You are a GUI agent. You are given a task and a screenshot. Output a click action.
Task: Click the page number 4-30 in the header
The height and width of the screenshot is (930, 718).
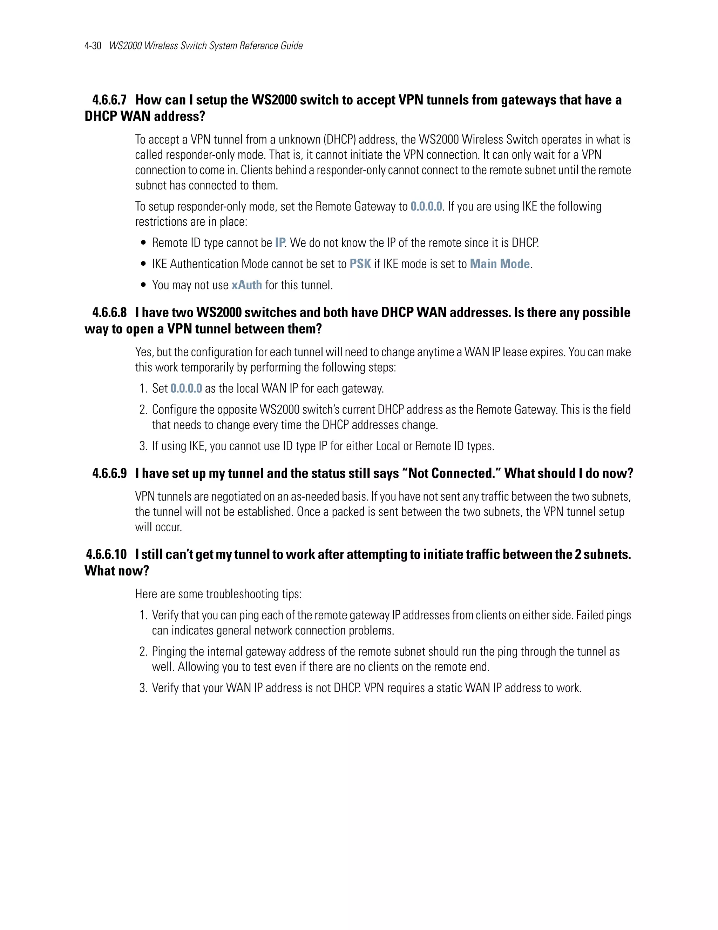click(x=93, y=46)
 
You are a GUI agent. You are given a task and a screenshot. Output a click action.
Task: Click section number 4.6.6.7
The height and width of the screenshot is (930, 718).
click(x=109, y=100)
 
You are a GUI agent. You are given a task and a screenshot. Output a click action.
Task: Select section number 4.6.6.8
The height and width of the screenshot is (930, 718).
click(x=109, y=313)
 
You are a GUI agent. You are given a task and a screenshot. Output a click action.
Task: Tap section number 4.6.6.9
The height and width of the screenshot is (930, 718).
click(x=109, y=473)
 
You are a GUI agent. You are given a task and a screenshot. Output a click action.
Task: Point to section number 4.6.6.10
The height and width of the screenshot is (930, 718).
click(x=106, y=554)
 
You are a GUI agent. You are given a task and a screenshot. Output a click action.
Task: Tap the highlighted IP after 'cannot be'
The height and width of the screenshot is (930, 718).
click(x=279, y=243)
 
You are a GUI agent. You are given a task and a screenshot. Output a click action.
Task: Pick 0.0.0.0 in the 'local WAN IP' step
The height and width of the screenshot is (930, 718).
click(x=186, y=388)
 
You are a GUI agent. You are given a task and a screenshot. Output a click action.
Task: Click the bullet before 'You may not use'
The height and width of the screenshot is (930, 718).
click(x=143, y=285)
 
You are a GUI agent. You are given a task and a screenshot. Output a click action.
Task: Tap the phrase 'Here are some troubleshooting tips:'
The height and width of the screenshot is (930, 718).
click(x=218, y=594)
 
